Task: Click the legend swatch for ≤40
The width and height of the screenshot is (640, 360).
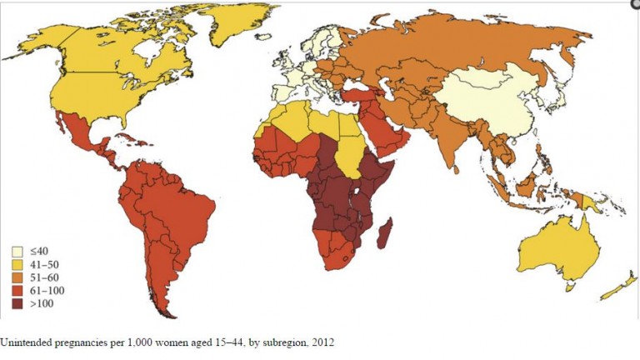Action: [x=17, y=251]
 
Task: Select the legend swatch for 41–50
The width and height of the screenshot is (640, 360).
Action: [x=17, y=264]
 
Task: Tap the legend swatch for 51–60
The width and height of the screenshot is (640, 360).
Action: [x=17, y=277]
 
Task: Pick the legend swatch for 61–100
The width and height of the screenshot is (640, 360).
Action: [x=17, y=291]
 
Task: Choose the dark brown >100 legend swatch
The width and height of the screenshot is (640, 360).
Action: [x=17, y=304]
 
